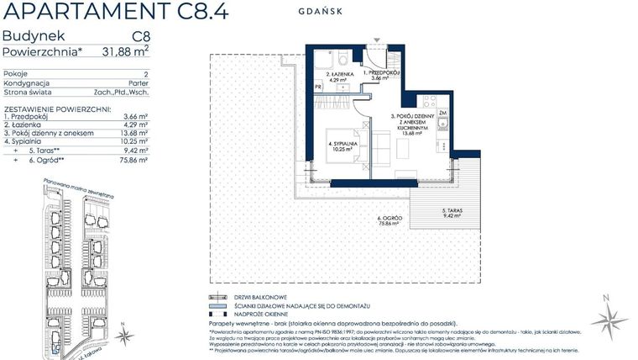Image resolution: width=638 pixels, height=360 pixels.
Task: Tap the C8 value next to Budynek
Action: (x=140, y=37)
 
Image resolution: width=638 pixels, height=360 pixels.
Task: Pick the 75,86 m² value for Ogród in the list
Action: (x=134, y=158)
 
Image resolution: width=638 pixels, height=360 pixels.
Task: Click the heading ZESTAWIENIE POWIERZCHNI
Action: (x=55, y=109)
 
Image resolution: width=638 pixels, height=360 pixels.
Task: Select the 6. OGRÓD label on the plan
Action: (x=388, y=220)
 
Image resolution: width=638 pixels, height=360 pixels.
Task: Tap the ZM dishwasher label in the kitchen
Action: (x=442, y=112)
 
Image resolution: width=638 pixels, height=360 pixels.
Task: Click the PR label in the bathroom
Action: (x=318, y=87)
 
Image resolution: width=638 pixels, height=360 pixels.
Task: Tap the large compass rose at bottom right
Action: (x=609, y=319)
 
